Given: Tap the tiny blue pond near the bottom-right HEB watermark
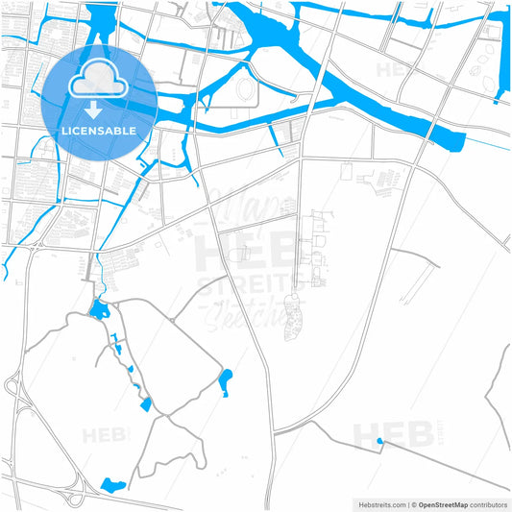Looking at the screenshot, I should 379,442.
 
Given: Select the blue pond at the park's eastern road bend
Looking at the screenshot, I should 225,381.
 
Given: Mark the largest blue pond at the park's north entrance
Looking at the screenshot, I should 99,309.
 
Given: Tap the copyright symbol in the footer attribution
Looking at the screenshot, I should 414,503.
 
